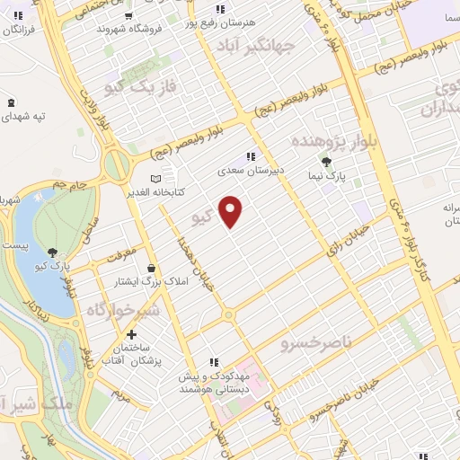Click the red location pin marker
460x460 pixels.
231,210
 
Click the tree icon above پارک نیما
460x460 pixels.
326,162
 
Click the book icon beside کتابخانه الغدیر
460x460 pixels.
155,177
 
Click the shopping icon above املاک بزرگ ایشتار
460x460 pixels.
150,268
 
